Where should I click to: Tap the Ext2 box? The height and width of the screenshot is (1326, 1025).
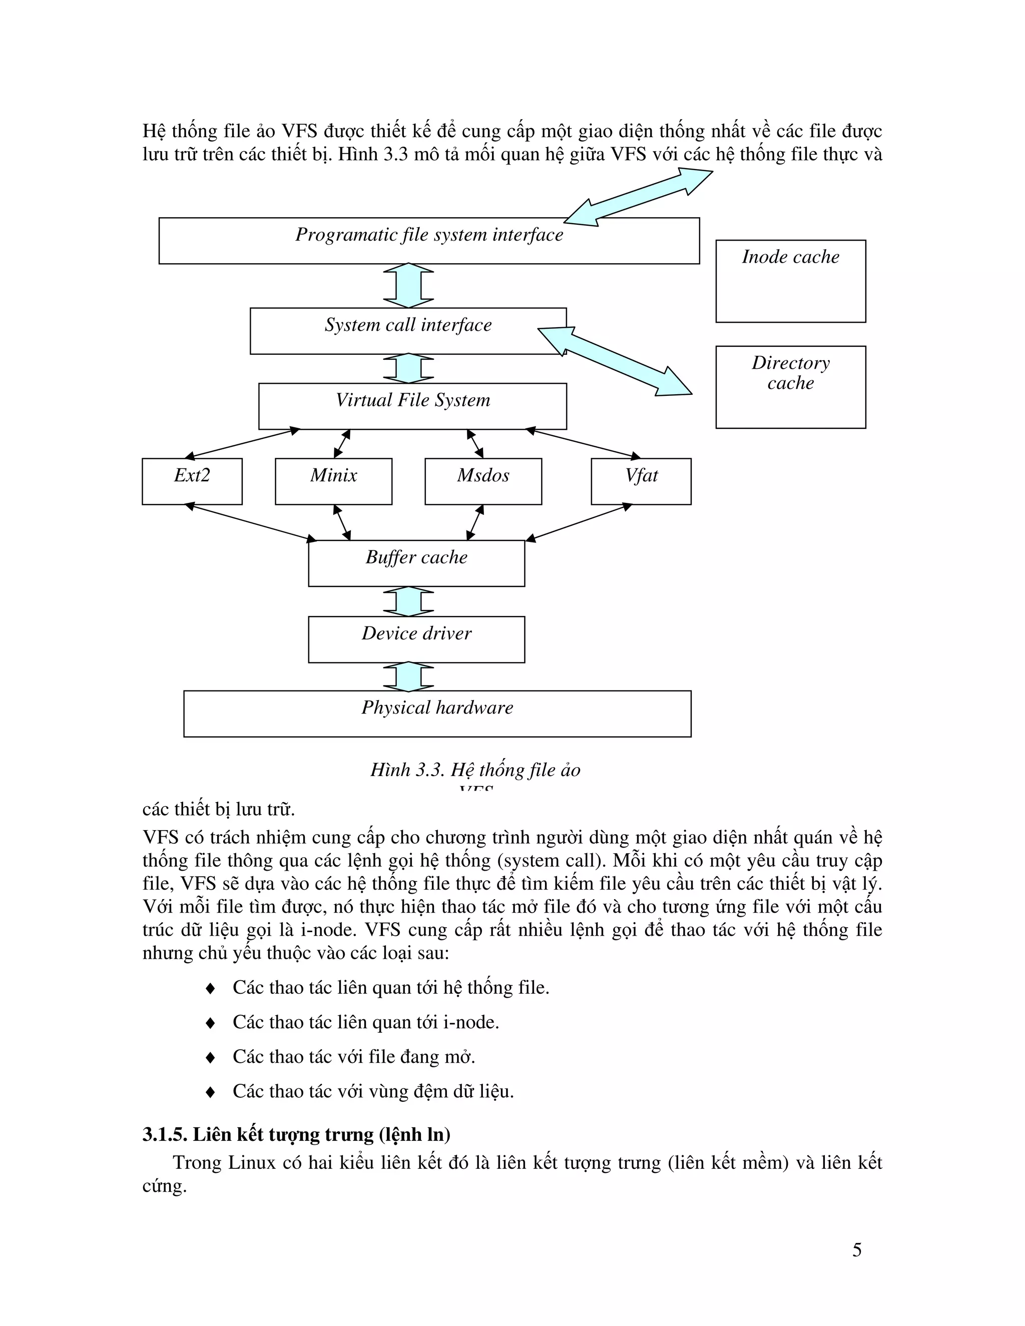(192, 481)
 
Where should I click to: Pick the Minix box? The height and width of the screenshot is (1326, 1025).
(333, 481)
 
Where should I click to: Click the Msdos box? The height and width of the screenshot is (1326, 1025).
(483, 481)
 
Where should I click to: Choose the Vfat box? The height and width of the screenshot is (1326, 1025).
(641, 481)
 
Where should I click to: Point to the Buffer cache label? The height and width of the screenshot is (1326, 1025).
(416, 557)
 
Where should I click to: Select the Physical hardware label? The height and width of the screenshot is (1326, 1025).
(437, 708)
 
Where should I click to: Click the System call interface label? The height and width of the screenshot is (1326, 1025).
(408, 325)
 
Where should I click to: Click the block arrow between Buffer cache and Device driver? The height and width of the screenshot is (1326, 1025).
(409, 601)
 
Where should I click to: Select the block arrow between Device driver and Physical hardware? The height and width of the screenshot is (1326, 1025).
(409, 677)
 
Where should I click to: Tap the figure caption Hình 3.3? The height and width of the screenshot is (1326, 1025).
(475, 770)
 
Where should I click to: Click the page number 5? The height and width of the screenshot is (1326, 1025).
(857, 1249)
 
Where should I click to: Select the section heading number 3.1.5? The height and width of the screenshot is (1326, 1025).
(165, 1134)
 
